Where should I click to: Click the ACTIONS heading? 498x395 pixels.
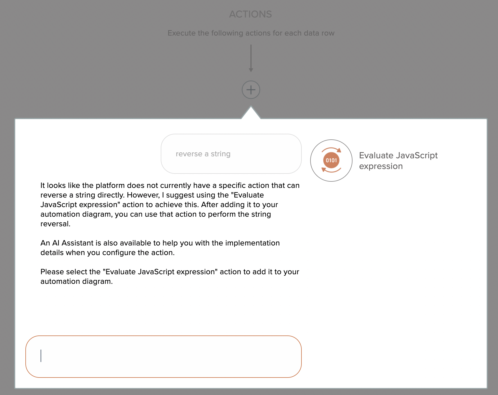coord(250,14)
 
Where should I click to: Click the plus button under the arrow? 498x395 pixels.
coord(251,90)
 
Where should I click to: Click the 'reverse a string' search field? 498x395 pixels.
coord(231,154)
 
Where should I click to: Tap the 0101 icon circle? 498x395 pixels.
coord(331,160)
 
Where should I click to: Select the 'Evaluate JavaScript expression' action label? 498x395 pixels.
coord(398,161)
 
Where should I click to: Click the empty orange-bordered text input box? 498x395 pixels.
coord(164,356)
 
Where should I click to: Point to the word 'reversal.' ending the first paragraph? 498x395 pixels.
coord(55,224)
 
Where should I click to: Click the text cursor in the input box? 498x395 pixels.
coord(41,356)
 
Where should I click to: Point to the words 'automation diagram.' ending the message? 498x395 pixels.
coord(76,281)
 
